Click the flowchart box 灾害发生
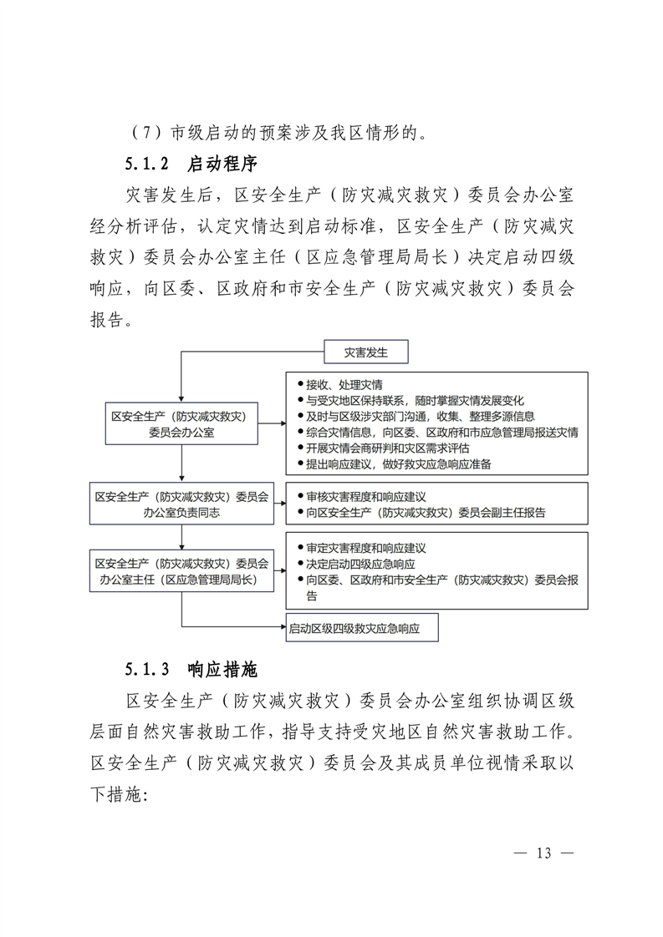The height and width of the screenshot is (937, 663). pyautogui.click(x=365, y=352)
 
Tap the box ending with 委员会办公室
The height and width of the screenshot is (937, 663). pyautogui.click(x=181, y=423)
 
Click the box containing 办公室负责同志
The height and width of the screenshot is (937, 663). pyautogui.click(x=181, y=504)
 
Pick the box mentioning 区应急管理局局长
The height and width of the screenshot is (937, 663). pyautogui.click(x=181, y=570)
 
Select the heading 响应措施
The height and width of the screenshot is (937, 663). pyautogui.click(x=222, y=669)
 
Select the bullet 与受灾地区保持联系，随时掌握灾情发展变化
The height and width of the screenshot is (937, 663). pyautogui.click(x=415, y=400)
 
